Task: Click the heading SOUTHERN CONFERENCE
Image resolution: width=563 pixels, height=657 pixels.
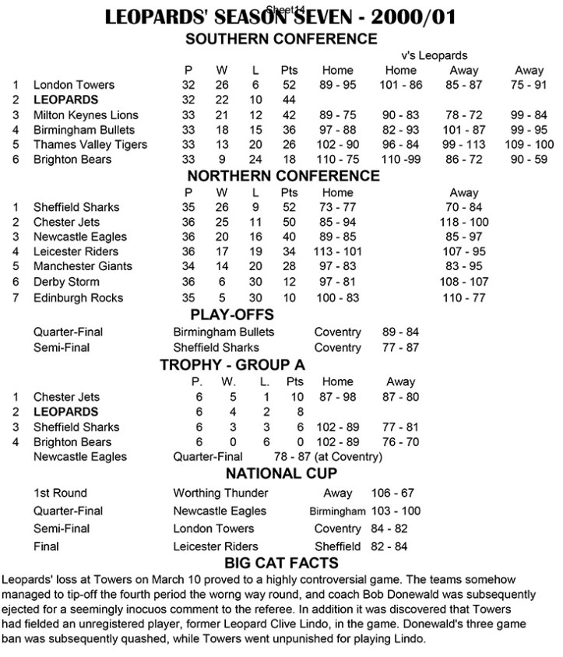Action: click(280, 40)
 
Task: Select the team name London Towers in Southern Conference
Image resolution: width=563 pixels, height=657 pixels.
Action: click(74, 85)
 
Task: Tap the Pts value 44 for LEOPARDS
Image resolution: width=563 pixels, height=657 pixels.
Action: click(288, 100)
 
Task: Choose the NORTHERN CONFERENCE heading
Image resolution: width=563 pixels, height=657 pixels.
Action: click(281, 176)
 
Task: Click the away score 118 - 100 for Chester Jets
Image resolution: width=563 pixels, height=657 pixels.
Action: click(465, 222)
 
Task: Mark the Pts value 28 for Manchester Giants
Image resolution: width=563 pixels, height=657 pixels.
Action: click(288, 266)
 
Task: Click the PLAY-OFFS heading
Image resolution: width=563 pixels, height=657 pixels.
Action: click(281, 316)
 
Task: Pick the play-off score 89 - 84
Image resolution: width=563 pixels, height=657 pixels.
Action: click(402, 332)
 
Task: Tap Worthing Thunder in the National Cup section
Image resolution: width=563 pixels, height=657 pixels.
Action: click(220, 493)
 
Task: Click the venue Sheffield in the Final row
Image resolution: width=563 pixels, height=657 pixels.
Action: click(338, 546)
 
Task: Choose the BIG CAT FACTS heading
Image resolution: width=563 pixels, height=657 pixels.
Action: click(281, 564)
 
